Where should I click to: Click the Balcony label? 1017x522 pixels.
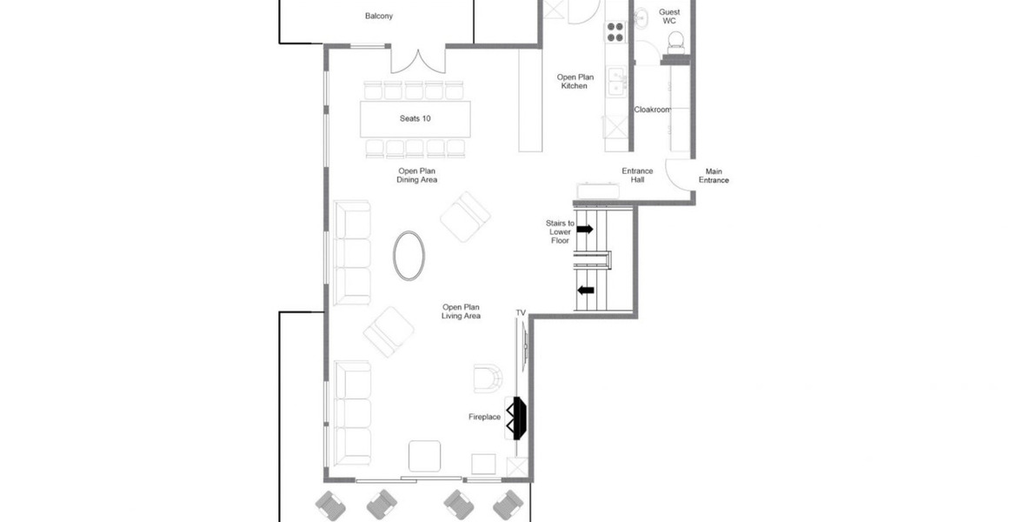tap(379, 17)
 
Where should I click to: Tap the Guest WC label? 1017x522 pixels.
tap(669, 17)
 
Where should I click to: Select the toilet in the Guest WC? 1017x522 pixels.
tap(676, 41)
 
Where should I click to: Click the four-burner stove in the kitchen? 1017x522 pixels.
tap(615, 32)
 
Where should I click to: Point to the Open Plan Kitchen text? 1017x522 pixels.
tap(575, 81)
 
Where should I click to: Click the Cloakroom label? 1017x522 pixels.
tap(653, 110)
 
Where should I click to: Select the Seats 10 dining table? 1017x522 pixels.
tap(415, 119)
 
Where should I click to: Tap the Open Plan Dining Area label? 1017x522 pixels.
tap(416, 175)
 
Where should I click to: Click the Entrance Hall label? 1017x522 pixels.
tap(637, 175)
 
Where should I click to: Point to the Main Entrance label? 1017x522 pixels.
tap(714, 176)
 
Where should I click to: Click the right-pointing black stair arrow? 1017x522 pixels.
tap(585, 229)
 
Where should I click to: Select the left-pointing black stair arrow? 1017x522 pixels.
tap(586, 291)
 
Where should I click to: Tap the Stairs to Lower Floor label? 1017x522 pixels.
tap(560, 231)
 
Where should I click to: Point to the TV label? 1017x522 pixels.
tap(521, 313)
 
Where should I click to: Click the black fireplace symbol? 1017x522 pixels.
tap(519, 418)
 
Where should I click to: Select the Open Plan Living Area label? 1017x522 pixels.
tap(462, 311)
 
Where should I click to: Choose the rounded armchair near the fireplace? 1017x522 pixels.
tap(488, 378)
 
